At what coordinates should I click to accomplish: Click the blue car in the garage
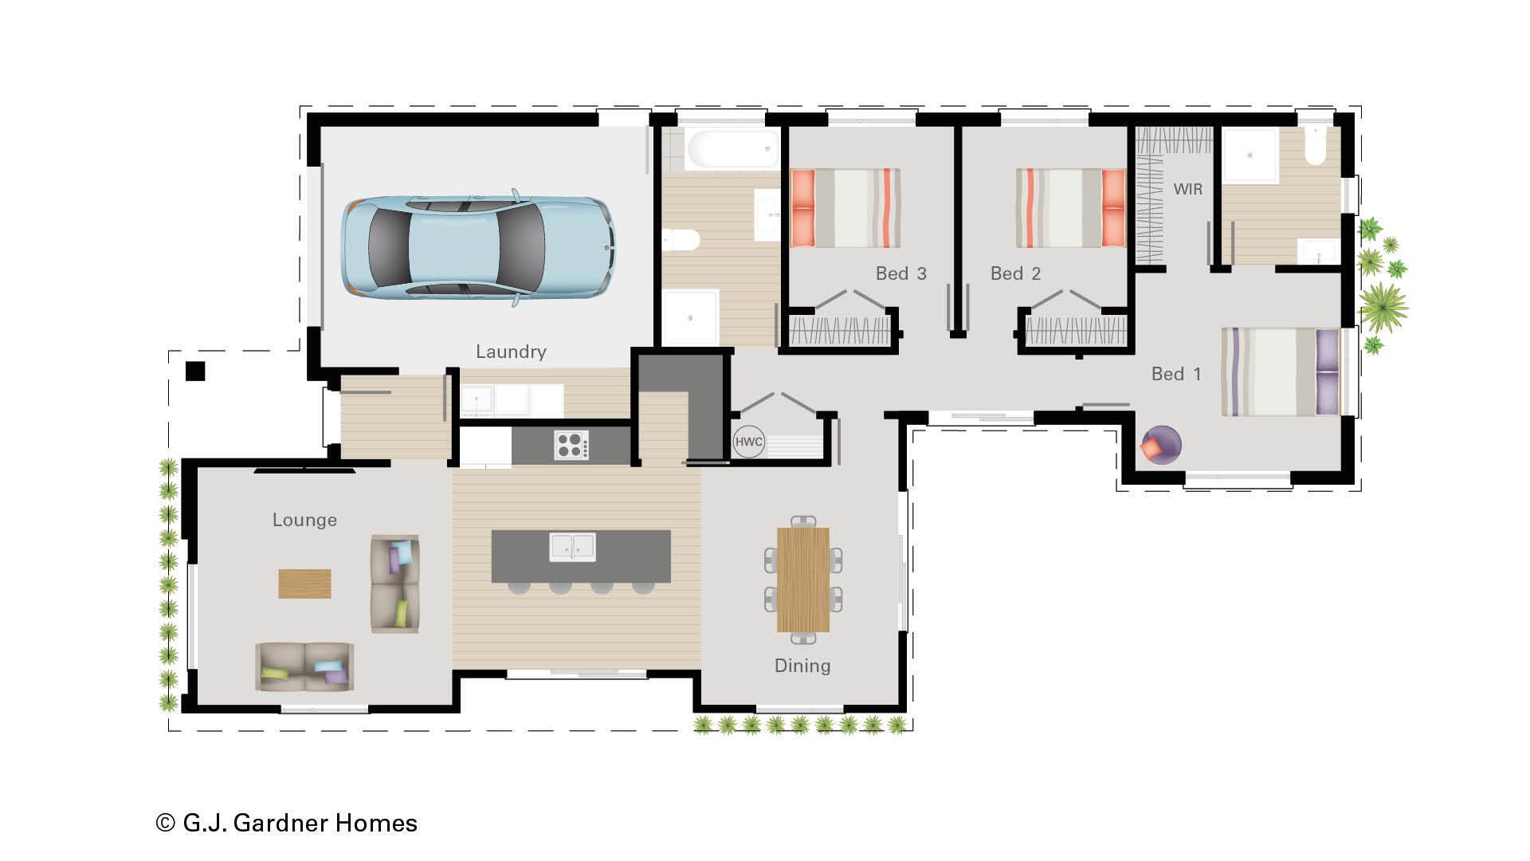pos(479,248)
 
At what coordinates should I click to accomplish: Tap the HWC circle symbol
pos(748,442)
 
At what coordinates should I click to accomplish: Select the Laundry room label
pos(511,352)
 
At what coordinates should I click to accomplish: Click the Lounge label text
pos(304,520)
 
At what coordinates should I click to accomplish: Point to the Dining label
pos(802,666)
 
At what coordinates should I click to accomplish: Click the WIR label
pos(1187,189)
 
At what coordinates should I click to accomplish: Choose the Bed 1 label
pos(1176,374)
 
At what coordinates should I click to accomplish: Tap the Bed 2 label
pos(1015,273)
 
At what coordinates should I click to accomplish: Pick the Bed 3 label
pos(900,273)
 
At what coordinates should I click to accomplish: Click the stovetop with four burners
pos(571,445)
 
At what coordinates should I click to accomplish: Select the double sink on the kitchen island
pos(572,547)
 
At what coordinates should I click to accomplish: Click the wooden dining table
pos(803,580)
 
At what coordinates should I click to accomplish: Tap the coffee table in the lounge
pos(304,583)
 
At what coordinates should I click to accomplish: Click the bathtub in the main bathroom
pos(732,148)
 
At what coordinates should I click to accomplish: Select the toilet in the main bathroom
pos(681,238)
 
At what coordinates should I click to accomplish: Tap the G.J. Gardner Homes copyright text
pos(286,823)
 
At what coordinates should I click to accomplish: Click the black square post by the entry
pos(195,372)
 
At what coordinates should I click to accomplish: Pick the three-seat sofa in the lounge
pos(304,666)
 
